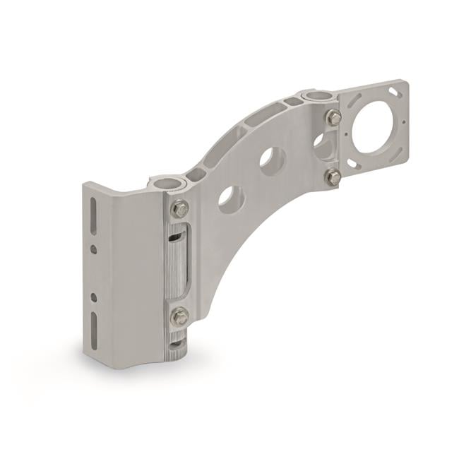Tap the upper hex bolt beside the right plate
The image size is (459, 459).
334,117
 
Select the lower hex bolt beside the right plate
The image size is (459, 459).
334,176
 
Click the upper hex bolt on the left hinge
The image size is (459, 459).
181,210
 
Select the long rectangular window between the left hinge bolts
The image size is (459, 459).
180,262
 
